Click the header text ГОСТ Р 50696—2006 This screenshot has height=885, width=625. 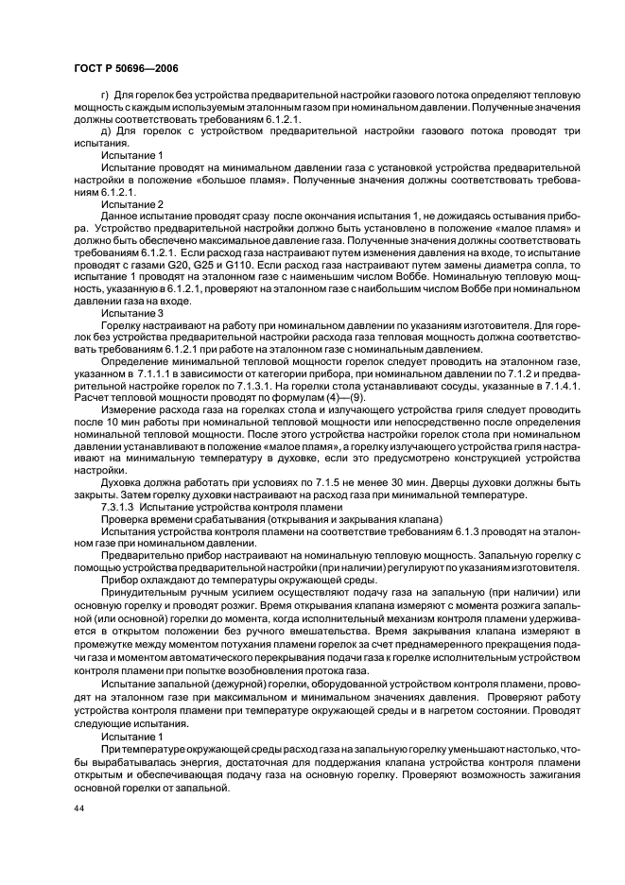coord(125,68)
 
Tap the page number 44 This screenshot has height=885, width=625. coord(78,809)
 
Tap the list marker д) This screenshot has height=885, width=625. coord(104,130)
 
